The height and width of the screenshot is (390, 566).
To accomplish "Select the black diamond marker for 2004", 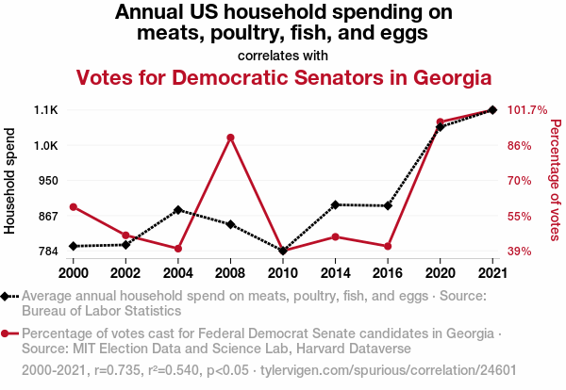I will pyautogui.click(x=177, y=210).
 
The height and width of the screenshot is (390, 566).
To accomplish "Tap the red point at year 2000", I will pyautogui.click(x=74, y=207).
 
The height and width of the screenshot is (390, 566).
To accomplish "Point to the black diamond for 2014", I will pyautogui.click(x=335, y=204).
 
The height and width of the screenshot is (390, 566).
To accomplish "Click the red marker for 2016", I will pyautogui.click(x=388, y=247).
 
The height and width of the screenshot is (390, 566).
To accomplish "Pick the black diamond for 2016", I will pyautogui.click(x=388, y=205).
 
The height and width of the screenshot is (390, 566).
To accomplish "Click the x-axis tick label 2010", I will pyautogui.click(x=282, y=272).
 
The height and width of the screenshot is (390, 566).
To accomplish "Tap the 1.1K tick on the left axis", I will pyautogui.click(x=45, y=110).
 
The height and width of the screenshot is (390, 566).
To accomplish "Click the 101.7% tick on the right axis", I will pyautogui.click(x=527, y=110).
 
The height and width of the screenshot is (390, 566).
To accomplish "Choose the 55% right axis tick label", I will pyautogui.click(x=521, y=217).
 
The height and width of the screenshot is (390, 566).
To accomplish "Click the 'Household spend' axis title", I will pyautogui.click(x=10, y=180).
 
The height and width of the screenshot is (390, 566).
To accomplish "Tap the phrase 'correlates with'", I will pyautogui.click(x=283, y=55).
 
